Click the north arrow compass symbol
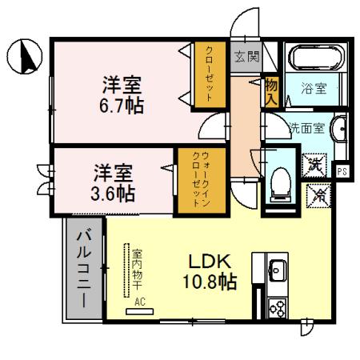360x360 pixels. point(25,57)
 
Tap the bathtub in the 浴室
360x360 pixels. point(317,58)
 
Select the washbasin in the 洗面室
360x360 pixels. point(338,129)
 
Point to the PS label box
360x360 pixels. point(342,171)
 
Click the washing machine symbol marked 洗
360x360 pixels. point(314,166)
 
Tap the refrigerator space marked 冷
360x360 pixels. point(318,196)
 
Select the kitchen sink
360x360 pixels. point(278,270)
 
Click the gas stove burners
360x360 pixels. point(278,308)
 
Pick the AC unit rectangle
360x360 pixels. point(139,311)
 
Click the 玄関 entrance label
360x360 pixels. point(246,56)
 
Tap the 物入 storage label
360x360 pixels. point(271,92)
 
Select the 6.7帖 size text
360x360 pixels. point(122,106)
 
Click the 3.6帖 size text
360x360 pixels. point(113,194)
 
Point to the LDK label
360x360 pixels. point(210,262)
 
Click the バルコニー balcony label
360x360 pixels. point(84,270)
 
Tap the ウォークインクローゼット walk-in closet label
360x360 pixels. point(201,179)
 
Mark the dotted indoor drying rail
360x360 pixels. point(126,270)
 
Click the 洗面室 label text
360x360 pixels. point(307,129)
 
